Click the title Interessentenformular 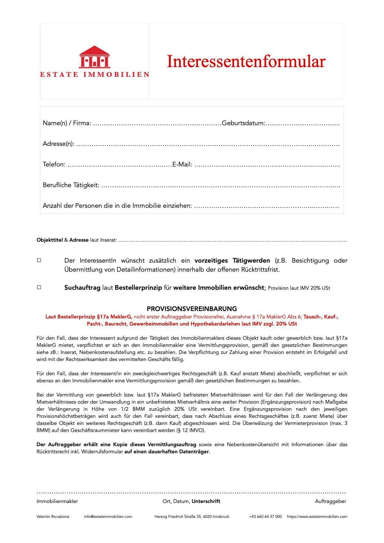pyautogui.click(x=246, y=61)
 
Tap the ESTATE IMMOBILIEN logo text pyautogui.click(x=95, y=75)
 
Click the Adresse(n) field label pyautogui.click(x=58, y=144)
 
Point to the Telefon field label pyautogui.click(x=54, y=165)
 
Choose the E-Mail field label pyautogui.click(x=182, y=165)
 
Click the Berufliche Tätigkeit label pyautogui.click(x=71, y=185)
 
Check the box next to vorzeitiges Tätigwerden pyautogui.click(x=39, y=260)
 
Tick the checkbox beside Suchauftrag pyautogui.click(x=39, y=287)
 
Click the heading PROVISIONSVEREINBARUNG pyautogui.click(x=192, y=309)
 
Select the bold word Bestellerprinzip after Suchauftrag pyautogui.click(x=138, y=287)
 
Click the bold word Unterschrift pyautogui.click(x=206, y=501)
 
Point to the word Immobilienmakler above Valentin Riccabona pyautogui.click(x=57, y=501)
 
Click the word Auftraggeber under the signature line pyautogui.click(x=330, y=501)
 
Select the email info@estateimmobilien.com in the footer pyautogui.click(x=108, y=517)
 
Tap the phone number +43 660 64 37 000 pyautogui.click(x=265, y=517)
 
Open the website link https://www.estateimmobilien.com pyautogui.click(x=317, y=517)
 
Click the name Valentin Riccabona pyautogui.click(x=53, y=517)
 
